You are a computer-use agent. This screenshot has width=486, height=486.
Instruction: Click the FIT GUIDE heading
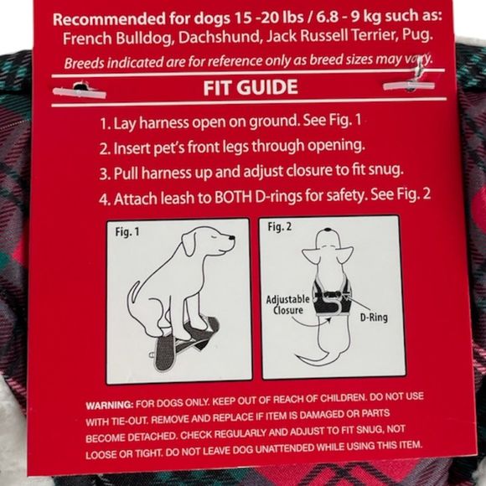tap(251, 87)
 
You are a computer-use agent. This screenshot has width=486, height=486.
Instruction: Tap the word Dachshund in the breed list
tap(219, 38)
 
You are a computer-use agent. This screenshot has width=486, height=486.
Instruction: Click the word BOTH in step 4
tap(233, 198)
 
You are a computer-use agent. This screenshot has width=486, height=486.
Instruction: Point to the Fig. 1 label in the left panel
tap(127, 231)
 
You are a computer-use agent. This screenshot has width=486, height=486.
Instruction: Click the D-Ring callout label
tap(374, 317)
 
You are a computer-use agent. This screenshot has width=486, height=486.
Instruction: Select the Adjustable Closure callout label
tap(288, 304)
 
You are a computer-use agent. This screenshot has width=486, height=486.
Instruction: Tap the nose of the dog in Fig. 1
tap(231, 238)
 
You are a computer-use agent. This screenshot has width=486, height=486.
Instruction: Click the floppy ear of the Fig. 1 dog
tap(189, 243)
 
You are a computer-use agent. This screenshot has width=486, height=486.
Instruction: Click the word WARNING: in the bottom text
tap(110, 405)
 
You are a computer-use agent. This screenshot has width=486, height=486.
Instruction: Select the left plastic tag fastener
tap(80, 90)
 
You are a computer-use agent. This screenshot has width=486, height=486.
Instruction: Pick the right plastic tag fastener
tap(409, 85)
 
